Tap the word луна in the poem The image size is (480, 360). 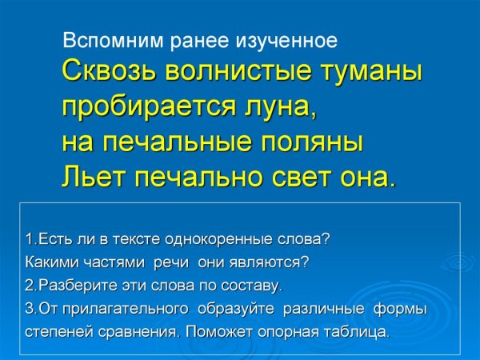point(270,106)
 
